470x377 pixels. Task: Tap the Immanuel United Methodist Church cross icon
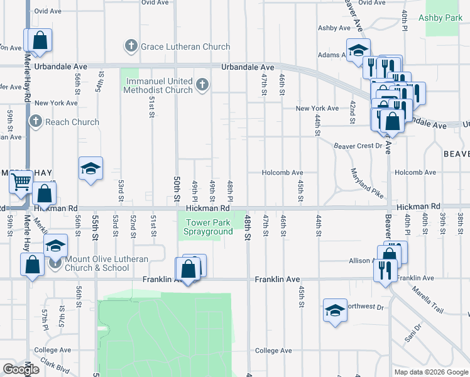(202, 84)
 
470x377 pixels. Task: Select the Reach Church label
(72, 122)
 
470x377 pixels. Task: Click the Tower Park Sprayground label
(208, 227)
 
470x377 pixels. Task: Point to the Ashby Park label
(444, 18)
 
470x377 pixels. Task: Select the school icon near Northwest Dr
(335, 310)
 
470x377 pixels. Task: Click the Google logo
(21, 369)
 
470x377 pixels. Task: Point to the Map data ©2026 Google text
(431, 372)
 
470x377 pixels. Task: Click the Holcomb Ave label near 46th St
(282, 173)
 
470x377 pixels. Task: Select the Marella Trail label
(428, 300)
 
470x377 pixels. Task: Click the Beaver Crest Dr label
(358, 146)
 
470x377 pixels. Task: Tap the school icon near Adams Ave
(358, 50)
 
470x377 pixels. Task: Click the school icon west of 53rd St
(91, 168)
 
